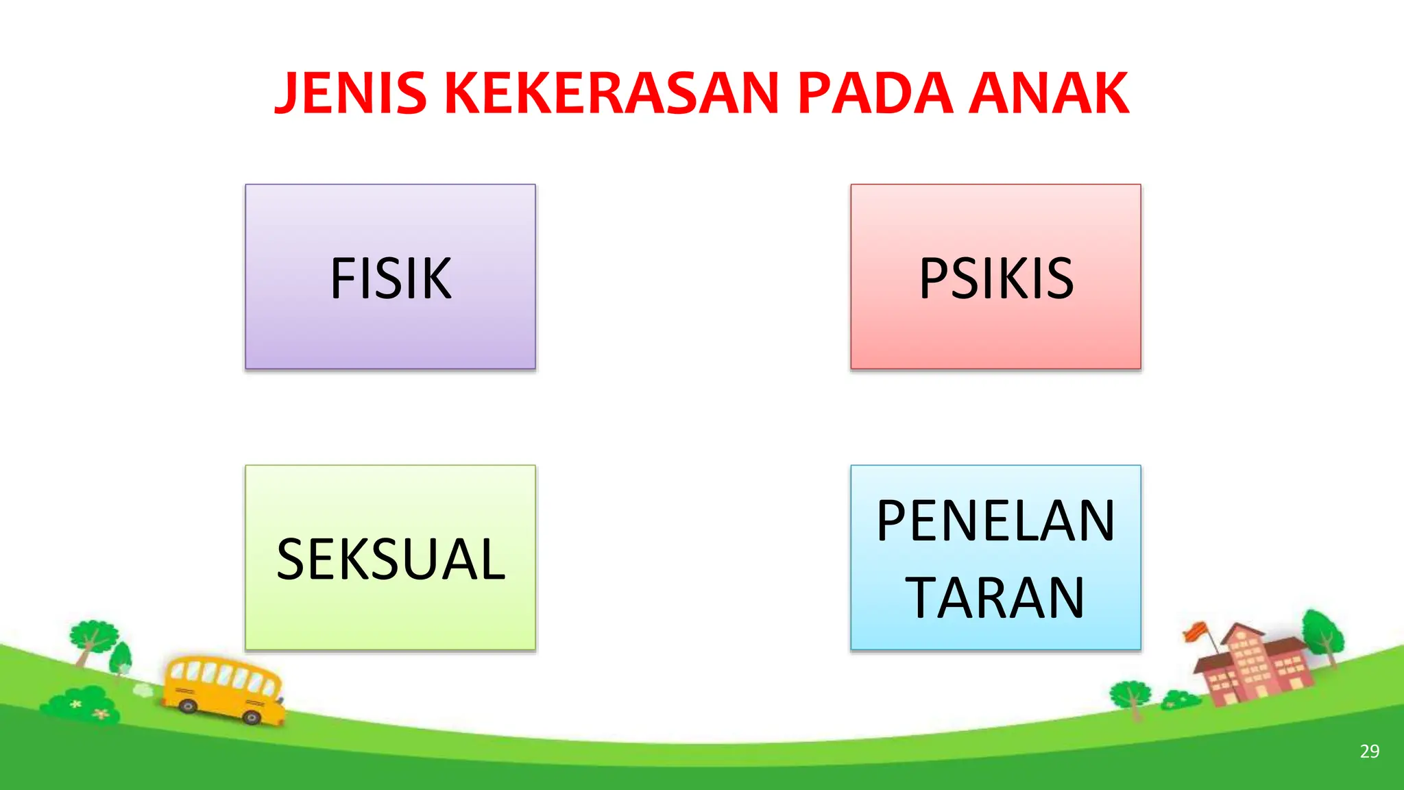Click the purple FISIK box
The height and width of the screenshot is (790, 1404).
(390, 277)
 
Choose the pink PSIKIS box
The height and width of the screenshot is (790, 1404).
(995, 277)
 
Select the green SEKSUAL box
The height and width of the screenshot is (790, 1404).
(390, 558)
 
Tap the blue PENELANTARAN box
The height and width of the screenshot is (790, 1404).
(995, 558)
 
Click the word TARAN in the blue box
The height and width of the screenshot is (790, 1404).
(995, 598)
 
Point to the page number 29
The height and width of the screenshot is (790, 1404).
(1369, 752)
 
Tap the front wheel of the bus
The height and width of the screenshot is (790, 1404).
(252, 717)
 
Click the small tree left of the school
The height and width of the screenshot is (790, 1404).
(1131, 696)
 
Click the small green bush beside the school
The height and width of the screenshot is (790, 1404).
(1181, 700)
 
